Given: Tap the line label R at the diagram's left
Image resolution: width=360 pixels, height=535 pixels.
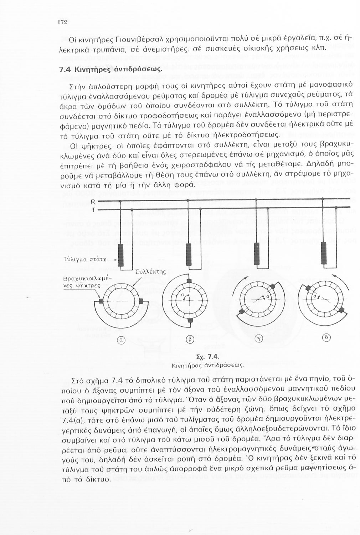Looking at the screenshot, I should point(93,202).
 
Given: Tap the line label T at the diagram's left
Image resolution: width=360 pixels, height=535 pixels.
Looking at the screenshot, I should point(93,210).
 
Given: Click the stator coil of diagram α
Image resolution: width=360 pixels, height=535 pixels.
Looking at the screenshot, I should point(121,255).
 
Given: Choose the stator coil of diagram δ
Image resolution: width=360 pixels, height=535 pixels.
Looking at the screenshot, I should point(324,253).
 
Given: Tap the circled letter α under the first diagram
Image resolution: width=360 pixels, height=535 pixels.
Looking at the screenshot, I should point(120,341).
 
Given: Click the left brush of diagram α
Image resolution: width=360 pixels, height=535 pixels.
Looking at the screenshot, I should point(102,301).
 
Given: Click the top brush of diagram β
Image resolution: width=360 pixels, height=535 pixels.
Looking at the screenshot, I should point(190,281).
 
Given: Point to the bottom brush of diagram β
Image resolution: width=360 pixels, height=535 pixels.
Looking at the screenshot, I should point(190,320).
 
